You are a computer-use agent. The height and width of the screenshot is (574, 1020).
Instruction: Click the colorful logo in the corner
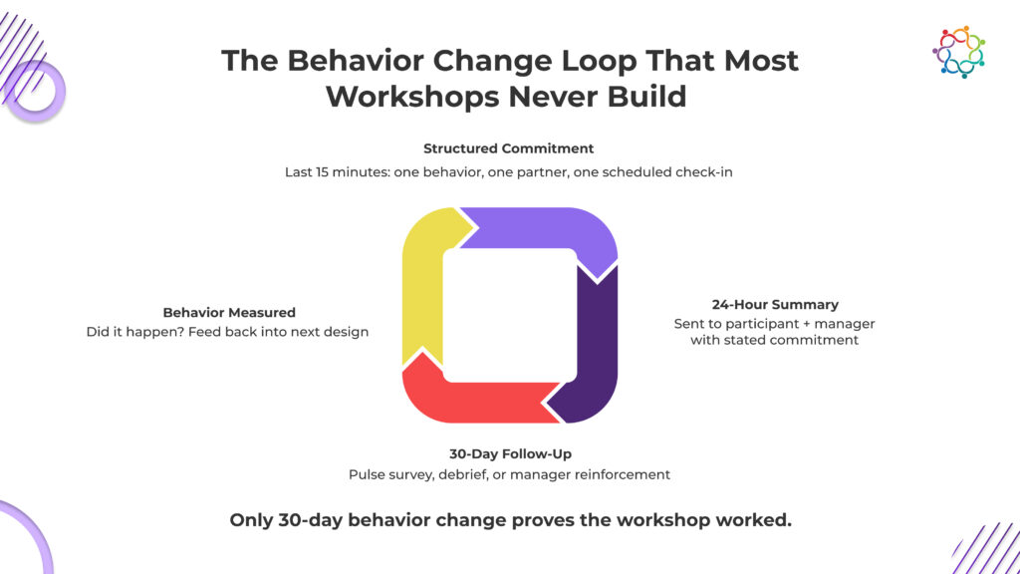coord(959,52)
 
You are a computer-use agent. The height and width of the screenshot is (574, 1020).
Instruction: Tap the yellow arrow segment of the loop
coord(422,286)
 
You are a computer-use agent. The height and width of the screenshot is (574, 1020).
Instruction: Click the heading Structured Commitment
coord(509,148)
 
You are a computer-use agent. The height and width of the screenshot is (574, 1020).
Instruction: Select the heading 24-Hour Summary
coord(775,305)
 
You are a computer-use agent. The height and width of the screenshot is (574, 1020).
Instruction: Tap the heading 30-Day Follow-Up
coord(511,453)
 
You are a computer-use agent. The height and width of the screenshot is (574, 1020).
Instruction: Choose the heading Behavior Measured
coord(229,312)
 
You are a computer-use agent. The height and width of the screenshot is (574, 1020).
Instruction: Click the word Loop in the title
coord(599,62)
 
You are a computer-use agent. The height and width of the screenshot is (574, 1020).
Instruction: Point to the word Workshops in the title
coord(412,97)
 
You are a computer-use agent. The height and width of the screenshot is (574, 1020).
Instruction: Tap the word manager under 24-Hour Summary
coord(845,324)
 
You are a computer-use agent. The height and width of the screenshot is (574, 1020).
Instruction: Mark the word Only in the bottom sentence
coord(251,520)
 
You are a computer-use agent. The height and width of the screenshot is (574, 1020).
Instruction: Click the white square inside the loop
coord(510,315)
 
